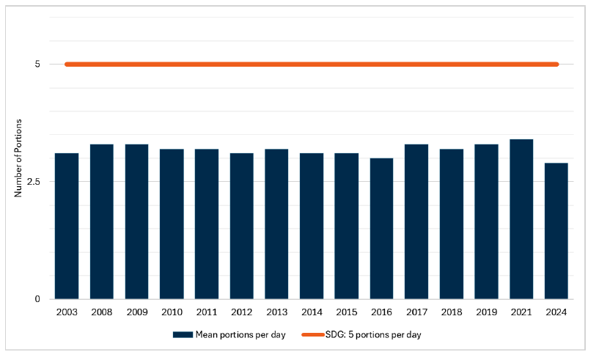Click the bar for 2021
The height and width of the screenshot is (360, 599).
(521, 219)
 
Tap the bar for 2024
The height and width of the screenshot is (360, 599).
(556, 231)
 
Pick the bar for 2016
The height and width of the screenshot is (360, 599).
(381, 229)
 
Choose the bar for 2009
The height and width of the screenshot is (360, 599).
(136, 221)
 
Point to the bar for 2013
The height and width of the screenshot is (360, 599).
(276, 224)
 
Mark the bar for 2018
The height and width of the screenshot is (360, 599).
(452, 224)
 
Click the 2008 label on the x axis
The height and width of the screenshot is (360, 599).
(101, 312)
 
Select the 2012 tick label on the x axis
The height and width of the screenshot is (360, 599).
(241, 312)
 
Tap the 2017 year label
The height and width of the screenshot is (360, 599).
(416, 312)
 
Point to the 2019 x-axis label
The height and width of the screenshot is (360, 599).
(486, 312)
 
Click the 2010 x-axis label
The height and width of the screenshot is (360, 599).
(172, 312)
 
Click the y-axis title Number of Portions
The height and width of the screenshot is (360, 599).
(19, 158)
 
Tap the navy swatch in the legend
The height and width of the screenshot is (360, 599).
(183, 335)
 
